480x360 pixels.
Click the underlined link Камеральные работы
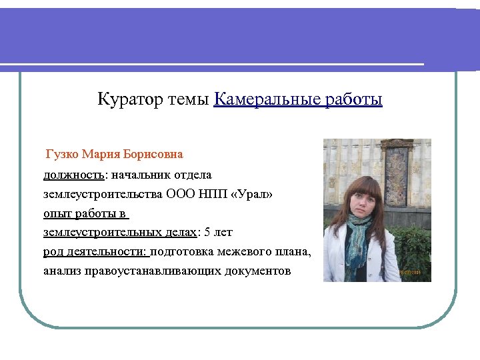coord(298,100)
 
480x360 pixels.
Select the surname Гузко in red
coord(63,155)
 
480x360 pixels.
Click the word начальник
coord(140,175)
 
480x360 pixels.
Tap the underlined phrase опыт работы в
coord(85,213)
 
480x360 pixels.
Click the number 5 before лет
coord(207,233)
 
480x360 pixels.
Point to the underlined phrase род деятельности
coord(96,252)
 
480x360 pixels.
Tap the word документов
coord(257,271)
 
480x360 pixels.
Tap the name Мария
coord(102,155)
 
